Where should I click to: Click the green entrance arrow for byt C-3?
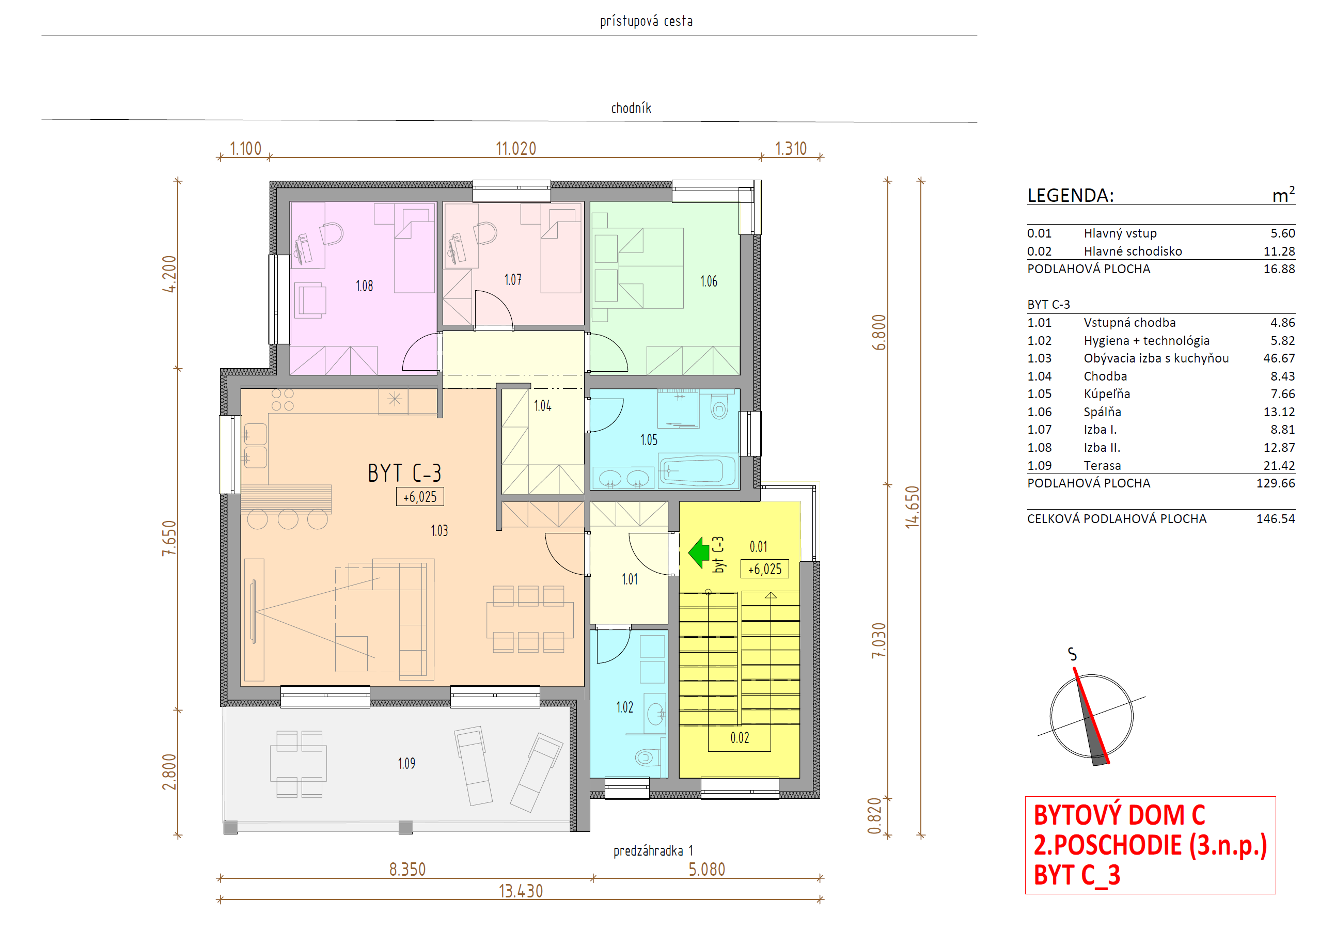coord(699,553)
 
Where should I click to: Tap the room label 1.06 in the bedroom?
coord(709,281)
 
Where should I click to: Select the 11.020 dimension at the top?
coord(516,149)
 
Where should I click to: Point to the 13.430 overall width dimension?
coord(521,891)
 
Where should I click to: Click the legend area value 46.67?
coord(1279,358)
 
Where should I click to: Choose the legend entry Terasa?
coord(1102,466)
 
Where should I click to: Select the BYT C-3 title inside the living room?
coord(404,474)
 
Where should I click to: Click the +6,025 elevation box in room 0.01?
coord(765,569)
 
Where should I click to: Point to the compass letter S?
coord(1072,654)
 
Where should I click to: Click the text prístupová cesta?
coord(646,21)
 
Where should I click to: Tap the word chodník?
coord(631,108)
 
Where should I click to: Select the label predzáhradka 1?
coord(653,850)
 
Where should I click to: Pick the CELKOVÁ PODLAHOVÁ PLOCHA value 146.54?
coord(1275,519)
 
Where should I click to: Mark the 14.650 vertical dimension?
coord(912,507)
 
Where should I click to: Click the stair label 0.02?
coord(740,738)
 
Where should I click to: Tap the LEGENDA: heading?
coord(1070,195)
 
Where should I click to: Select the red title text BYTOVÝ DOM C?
coord(1119,815)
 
